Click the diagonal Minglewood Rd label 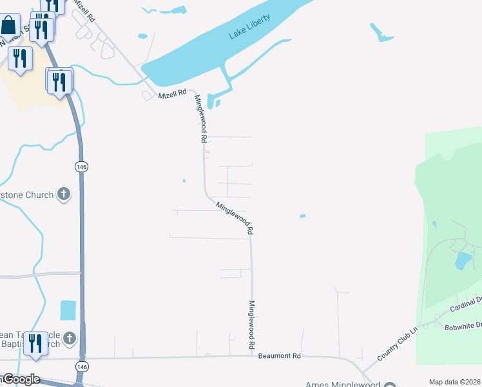(x=235, y=217)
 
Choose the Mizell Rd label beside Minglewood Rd (x=172, y=95)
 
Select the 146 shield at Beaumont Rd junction (x=81, y=366)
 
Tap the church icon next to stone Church (x=63, y=193)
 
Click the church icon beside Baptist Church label (x=70, y=338)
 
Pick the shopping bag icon (x=9, y=26)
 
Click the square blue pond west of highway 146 (x=68, y=310)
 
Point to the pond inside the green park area (x=463, y=261)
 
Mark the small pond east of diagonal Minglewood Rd (x=302, y=216)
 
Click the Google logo (x=21, y=379)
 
